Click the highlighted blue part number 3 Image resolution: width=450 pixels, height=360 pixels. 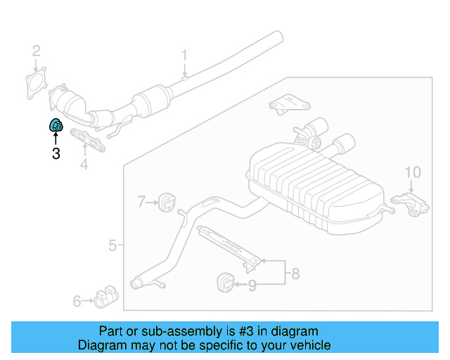click(x=56, y=126)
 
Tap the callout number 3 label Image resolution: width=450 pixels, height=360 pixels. click(x=56, y=153)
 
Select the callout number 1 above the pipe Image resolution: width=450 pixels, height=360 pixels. click(x=185, y=55)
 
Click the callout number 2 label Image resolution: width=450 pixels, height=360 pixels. click(x=36, y=51)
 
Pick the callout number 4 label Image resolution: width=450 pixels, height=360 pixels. click(x=84, y=165)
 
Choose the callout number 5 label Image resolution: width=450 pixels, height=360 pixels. click(x=113, y=245)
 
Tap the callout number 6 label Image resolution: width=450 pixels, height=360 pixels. click(x=77, y=302)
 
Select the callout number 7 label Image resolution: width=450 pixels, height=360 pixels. click(x=141, y=202)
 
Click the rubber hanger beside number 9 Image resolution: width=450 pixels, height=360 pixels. click(x=222, y=283)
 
